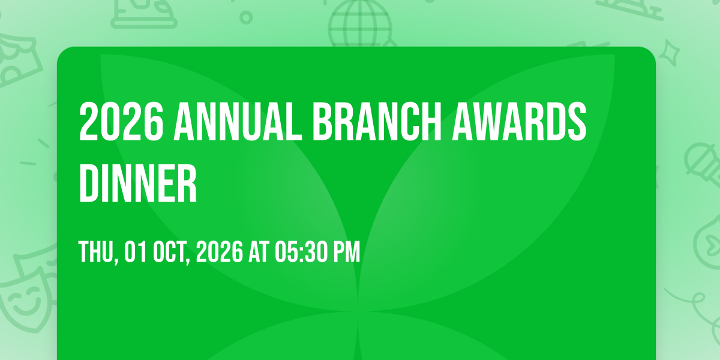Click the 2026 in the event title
click(x=121, y=121)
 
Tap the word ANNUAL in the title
click(x=238, y=121)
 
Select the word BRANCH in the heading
click(x=377, y=121)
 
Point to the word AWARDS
click(x=519, y=121)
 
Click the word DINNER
click(x=138, y=183)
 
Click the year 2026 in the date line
click(x=219, y=251)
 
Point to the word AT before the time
click(x=259, y=251)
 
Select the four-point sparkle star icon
click(x=670, y=53)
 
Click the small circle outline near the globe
click(x=246, y=17)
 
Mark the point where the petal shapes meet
click(x=358, y=311)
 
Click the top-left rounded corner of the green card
click(x=62, y=52)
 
